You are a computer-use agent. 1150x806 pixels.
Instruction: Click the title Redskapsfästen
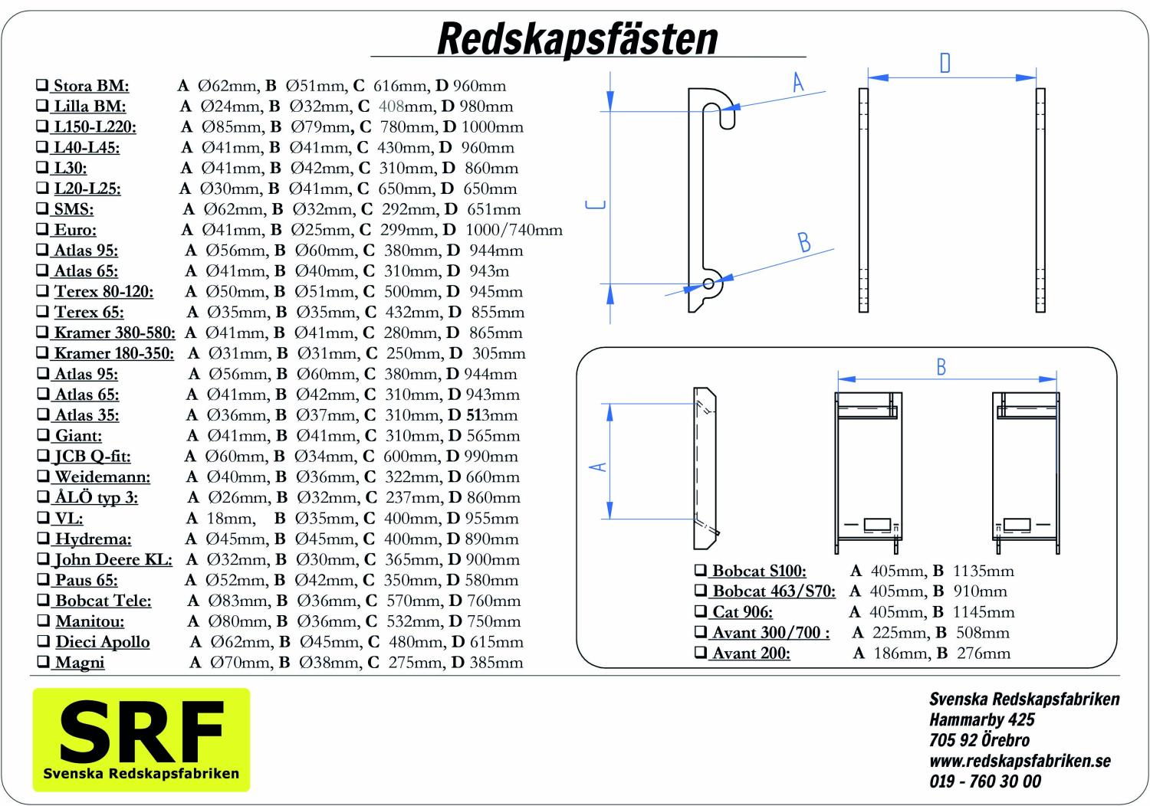point(577,38)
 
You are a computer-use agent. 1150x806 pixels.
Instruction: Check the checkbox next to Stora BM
point(42,85)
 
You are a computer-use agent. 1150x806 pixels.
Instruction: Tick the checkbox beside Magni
point(43,662)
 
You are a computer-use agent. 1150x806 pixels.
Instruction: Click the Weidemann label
point(102,477)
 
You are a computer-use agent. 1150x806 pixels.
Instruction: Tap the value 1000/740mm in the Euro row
point(514,230)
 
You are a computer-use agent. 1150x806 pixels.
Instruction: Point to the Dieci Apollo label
point(102,642)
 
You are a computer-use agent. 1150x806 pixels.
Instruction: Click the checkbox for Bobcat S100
point(701,571)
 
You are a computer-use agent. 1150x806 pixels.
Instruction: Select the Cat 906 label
point(742,612)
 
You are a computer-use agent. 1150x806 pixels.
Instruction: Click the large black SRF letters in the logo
point(142,732)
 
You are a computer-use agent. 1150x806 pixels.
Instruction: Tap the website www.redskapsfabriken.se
point(1020,761)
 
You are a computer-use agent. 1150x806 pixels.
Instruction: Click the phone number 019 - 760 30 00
point(985,781)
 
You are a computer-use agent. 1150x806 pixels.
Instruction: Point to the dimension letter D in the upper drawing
point(945,63)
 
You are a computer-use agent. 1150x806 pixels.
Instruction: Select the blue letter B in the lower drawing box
point(941,368)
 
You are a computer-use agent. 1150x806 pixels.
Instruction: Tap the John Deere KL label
point(113,559)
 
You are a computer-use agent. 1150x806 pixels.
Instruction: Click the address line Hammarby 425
point(981,719)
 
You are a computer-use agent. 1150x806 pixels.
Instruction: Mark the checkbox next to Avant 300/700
point(701,632)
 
